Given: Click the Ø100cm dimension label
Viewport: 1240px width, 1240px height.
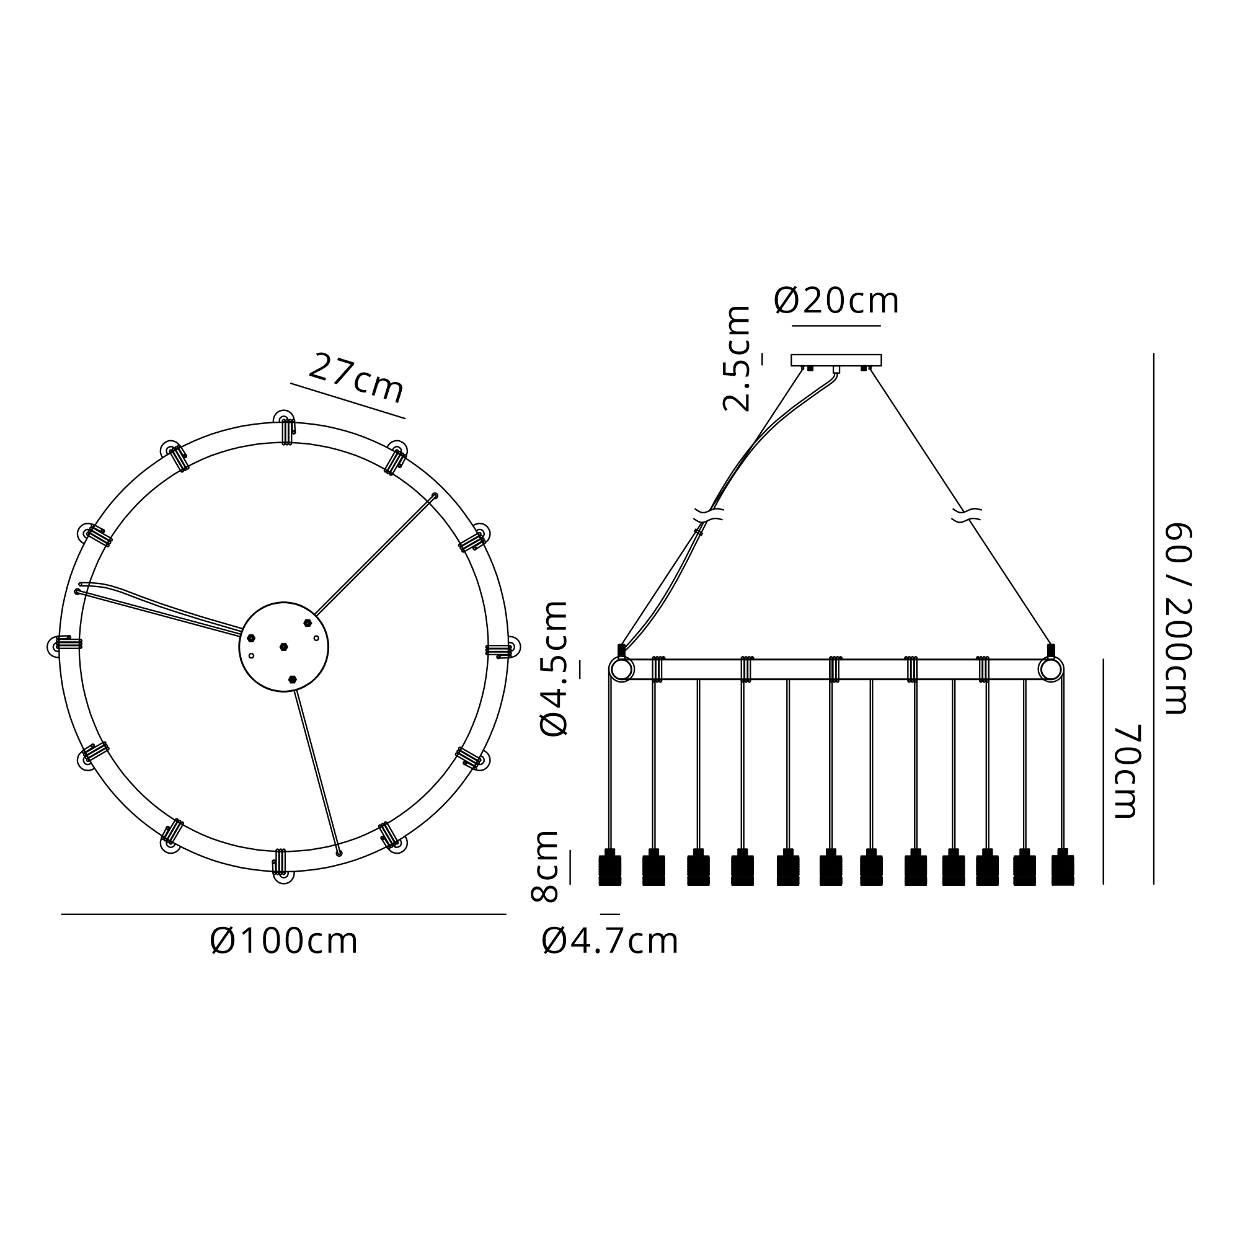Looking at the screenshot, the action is pos(284,942).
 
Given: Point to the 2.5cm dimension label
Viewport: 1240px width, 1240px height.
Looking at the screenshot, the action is pos(737,359).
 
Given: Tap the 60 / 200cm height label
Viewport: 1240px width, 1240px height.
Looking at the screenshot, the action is pos(1179,619).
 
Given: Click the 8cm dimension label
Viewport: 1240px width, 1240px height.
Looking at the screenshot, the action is pos(546,867).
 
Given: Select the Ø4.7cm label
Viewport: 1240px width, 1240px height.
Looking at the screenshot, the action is pos(609,942).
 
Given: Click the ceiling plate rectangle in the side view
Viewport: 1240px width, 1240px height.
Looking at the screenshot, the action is pos(836,360).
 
